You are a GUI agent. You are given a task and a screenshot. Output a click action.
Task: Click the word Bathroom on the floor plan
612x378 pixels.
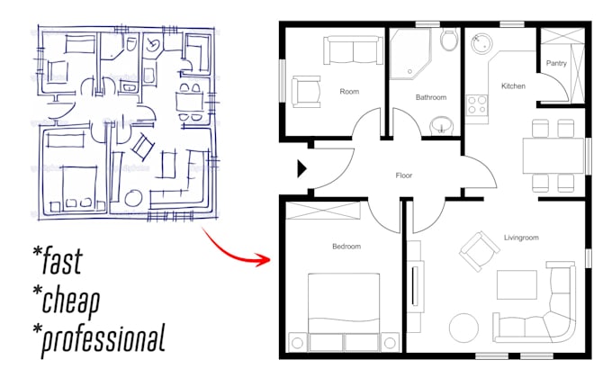click(x=431, y=96)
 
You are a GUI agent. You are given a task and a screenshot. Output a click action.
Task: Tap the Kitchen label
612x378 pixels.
click(x=513, y=85)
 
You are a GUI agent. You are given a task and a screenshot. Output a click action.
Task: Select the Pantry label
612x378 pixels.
click(x=556, y=63)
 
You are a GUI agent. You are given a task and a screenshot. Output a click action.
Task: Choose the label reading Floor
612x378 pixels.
click(x=404, y=175)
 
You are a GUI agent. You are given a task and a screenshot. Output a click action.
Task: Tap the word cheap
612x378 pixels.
click(x=67, y=301)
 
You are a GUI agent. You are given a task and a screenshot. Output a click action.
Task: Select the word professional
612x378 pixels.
click(x=99, y=339)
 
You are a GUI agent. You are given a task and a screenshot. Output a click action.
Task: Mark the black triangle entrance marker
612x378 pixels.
click(x=302, y=168)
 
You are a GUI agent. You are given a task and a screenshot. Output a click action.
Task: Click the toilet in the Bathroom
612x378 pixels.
click(x=447, y=41)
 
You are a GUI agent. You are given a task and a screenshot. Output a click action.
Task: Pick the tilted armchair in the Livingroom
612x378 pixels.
click(x=473, y=247)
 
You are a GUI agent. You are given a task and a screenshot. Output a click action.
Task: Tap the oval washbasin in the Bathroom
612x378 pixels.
click(x=441, y=124)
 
